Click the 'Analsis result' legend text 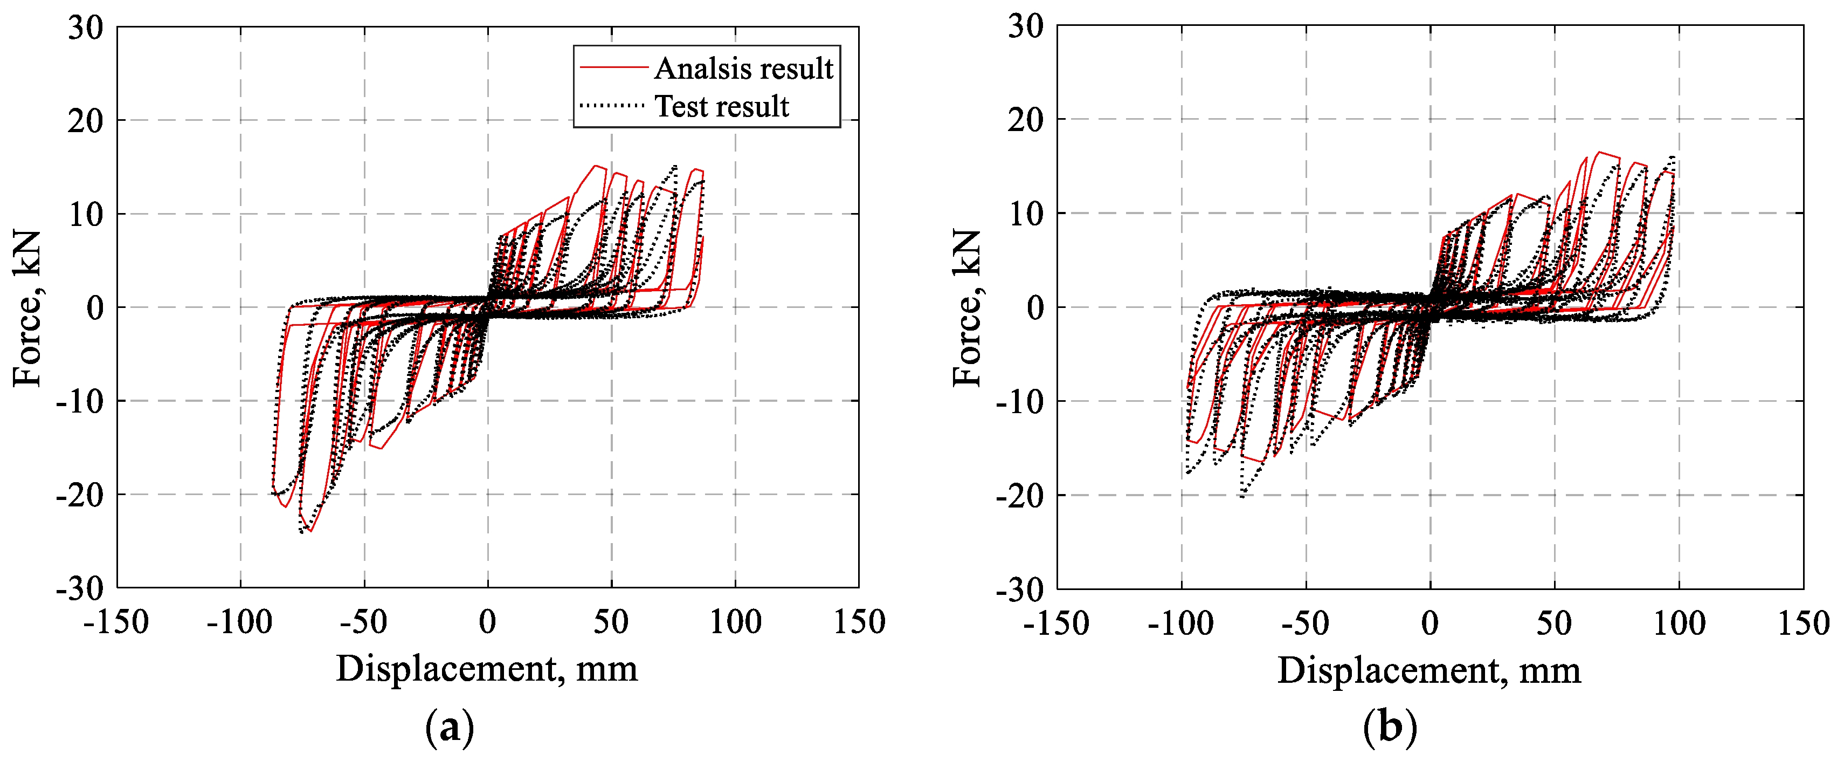[x=743, y=68]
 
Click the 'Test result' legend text [x=722, y=106]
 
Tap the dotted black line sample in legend [x=613, y=106]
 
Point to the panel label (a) [x=449, y=728]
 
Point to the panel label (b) [x=1390, y=728]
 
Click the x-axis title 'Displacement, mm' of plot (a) [x=487, y=668]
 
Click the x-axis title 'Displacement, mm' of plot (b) [x=1428, y=670]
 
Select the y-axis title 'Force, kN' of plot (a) [x=27, y=308]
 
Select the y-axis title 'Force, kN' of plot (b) [x=968, y=308]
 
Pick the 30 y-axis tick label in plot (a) [x=86, y=28]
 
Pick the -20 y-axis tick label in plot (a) [x=79, y=494]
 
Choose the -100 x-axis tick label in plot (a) [x=240, y=622]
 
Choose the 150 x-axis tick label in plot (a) [x=859, y=622]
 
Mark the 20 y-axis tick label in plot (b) [x=1025, y=120]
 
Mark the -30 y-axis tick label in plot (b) [x=1019, y=589]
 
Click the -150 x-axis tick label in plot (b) [x=1056, y=623]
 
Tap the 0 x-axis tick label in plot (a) [x=488, y=622]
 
